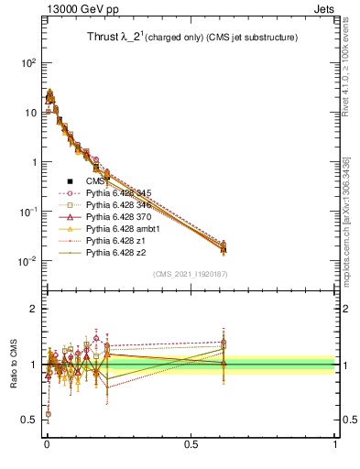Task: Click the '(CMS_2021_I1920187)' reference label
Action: [x=190, y=274]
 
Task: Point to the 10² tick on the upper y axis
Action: [x=29, y=63]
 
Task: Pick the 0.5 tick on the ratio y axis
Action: [x=29, y=420]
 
